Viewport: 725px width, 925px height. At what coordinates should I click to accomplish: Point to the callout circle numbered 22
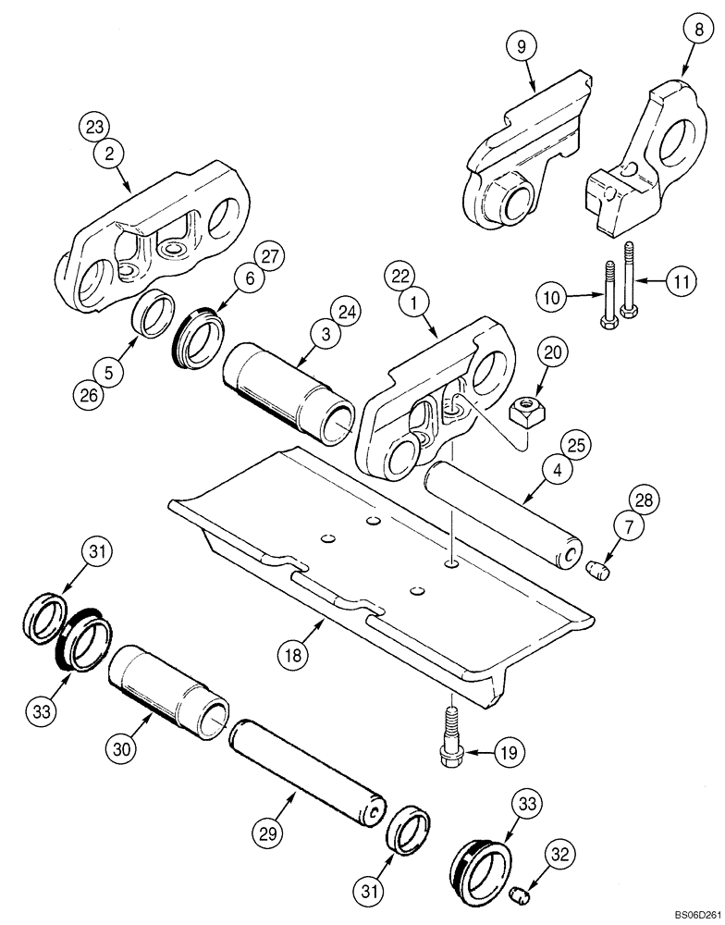402,277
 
